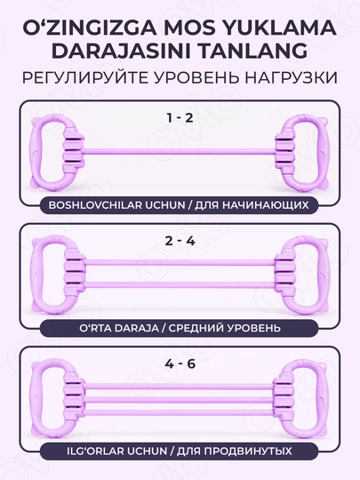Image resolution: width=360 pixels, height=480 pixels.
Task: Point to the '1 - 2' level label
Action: [180, 118]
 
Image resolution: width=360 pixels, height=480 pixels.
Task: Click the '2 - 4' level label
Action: [180, 241]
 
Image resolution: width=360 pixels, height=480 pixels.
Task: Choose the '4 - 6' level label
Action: [180, 364]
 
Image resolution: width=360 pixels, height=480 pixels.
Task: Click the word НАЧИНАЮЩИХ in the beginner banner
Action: [265, 204]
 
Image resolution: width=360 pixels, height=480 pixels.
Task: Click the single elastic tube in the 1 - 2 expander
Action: [180, 152]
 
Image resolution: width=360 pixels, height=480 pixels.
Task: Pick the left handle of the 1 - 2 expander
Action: [49, 151]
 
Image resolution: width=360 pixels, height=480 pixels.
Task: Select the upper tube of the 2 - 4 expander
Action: [180, 262]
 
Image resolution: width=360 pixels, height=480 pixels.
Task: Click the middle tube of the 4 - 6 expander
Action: [179, 399]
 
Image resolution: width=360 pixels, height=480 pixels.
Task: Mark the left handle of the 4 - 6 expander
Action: [49, 397]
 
